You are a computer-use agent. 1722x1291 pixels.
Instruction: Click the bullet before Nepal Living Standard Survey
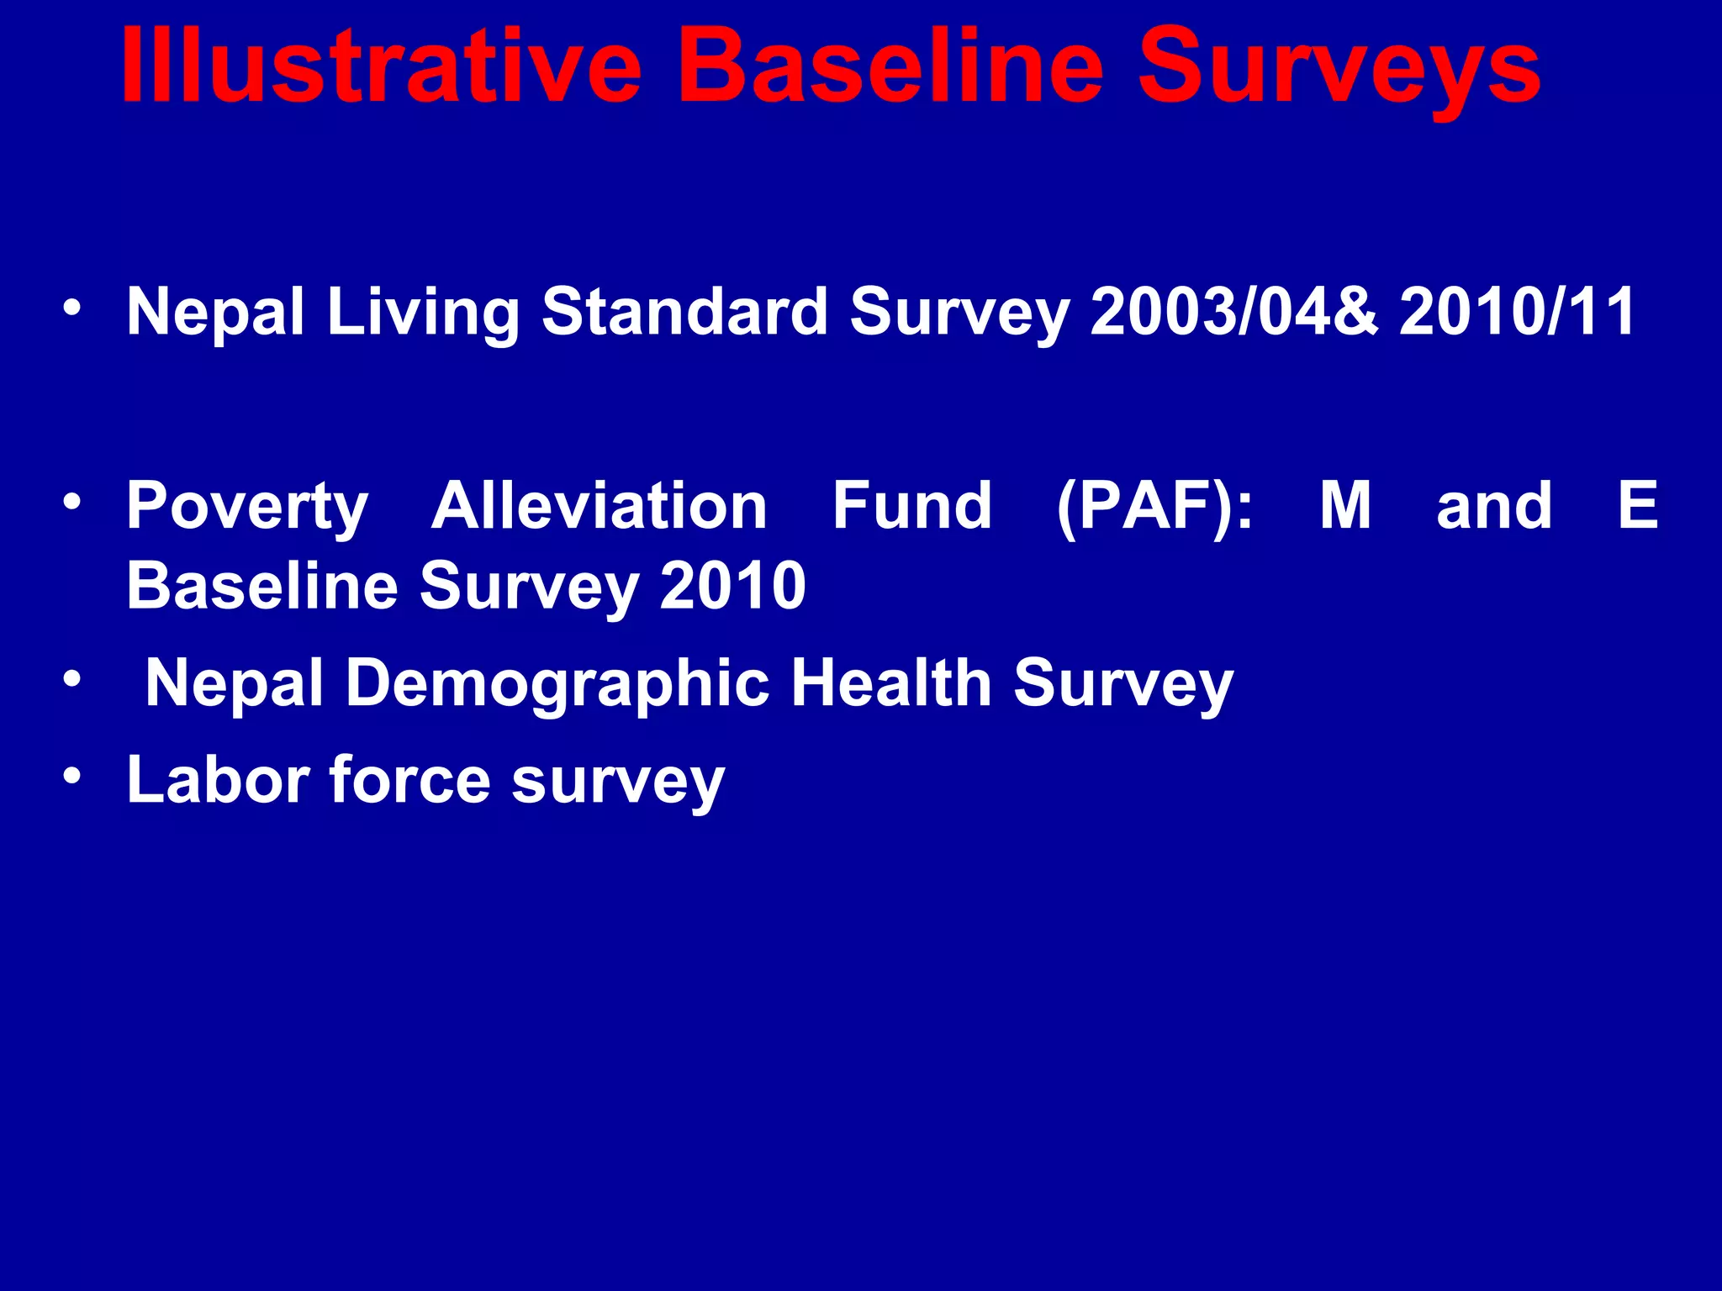tap(72, 308)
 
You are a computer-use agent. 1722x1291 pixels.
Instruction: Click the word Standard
tap(684, 312)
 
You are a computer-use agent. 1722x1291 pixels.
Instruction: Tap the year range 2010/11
tap(1518, 312)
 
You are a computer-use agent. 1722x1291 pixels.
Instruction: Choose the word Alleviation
tap(600, 506)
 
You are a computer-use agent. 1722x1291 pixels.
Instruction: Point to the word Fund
tap(912, 506)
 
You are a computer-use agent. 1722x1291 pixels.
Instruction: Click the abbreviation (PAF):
tap(1154, 508)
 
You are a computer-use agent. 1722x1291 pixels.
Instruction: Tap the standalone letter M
tap(1345, 506)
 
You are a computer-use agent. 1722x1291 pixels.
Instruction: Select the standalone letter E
tap(1638, 506)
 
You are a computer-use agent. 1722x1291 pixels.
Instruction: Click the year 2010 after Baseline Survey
tap(733, 586)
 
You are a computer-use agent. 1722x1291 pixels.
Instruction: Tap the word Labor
tap(218, 780)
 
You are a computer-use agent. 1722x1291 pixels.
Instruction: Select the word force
tap(409, 780)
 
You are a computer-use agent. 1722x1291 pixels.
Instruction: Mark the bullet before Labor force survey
tap(72, 777)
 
